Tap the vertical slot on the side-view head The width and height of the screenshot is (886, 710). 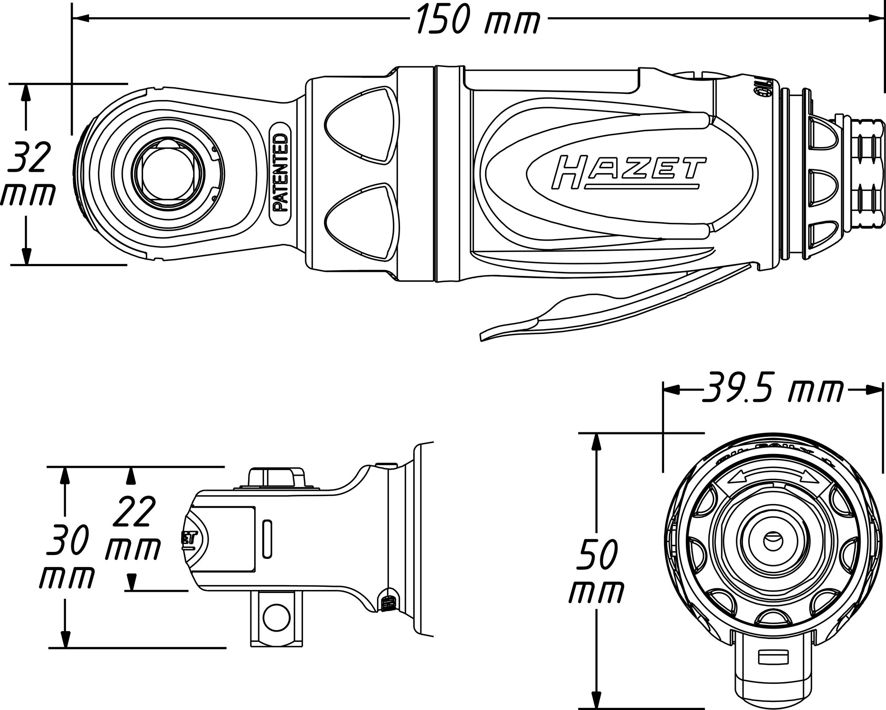pyautogui.click(x=267, y=539)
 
